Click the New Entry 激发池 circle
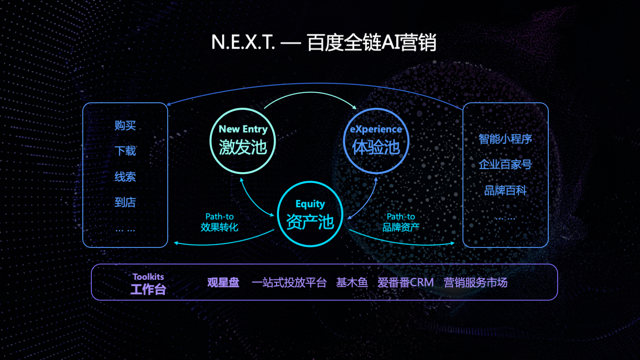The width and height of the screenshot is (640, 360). tap(243, 141)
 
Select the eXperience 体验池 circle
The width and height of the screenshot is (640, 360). tap(376, 141)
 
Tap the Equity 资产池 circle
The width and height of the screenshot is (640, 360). tap(310, 214)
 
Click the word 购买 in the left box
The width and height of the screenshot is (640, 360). tap(125, 125)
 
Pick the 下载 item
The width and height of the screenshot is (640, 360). tap(125, 151)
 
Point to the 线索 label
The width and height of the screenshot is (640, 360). tap(125, 177)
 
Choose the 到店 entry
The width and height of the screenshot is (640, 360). tap(125, 202)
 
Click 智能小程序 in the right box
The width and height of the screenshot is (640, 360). tap(505, 139)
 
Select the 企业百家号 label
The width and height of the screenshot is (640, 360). tap(505, 165)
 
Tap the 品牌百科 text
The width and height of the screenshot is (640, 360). tap(505, 190)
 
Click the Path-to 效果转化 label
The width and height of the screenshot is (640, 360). tap(219, 222)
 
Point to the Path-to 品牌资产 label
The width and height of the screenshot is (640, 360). tap(401, 222)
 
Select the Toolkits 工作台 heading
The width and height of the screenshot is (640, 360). tap(148, 285)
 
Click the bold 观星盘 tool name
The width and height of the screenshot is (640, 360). tap(223, 282)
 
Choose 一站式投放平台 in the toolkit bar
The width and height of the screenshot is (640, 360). tap(289, 282)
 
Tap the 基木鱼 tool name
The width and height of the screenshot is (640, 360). tap(352, 282)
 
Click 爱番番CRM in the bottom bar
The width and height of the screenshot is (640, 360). tap(405, 282)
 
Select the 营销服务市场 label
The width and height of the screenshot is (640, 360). tap(475, 282)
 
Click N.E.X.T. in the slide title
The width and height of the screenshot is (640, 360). tap(243, 42)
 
